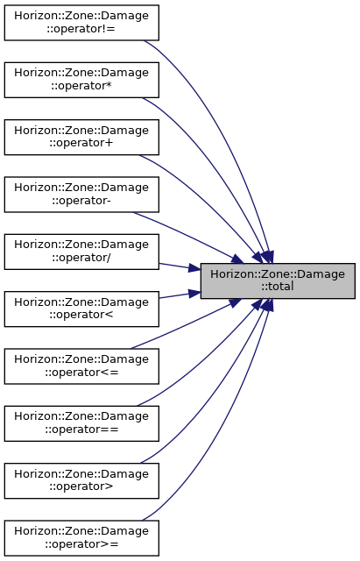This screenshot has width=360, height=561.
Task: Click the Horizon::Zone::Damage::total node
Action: pyautogui.click(x=278, y=280)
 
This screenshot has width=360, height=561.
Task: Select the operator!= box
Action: pyautogui.click(x=81, y=23)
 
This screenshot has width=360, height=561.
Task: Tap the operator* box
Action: pyautogui.click(x=81, y=80)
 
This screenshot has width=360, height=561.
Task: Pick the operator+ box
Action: pyautogui.click(x=81, y=137)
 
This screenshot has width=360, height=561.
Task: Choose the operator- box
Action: pyautogui.click(x=81, y=195)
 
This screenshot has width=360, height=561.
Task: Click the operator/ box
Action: pyautogui.click(x=81, y=252)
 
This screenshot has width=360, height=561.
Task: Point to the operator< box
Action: pyautogui.click(x=81, y=309)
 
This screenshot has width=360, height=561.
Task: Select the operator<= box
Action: pyautogui.click(x=81, y=366)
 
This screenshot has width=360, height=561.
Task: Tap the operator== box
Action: pyautogui.click(x=81, y=423)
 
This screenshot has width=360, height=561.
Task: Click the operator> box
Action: pyautogui.click(x=81, y=480)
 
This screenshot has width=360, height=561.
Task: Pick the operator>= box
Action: pyautogui.click(x=81, y=537)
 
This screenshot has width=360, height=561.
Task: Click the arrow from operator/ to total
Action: pyautogui.click(x=180, y=266)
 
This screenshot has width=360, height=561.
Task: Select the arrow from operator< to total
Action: pyautogui.click(x=180, y=295)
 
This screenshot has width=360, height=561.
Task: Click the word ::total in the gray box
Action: pyautogui.click(x=278, y=287)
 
